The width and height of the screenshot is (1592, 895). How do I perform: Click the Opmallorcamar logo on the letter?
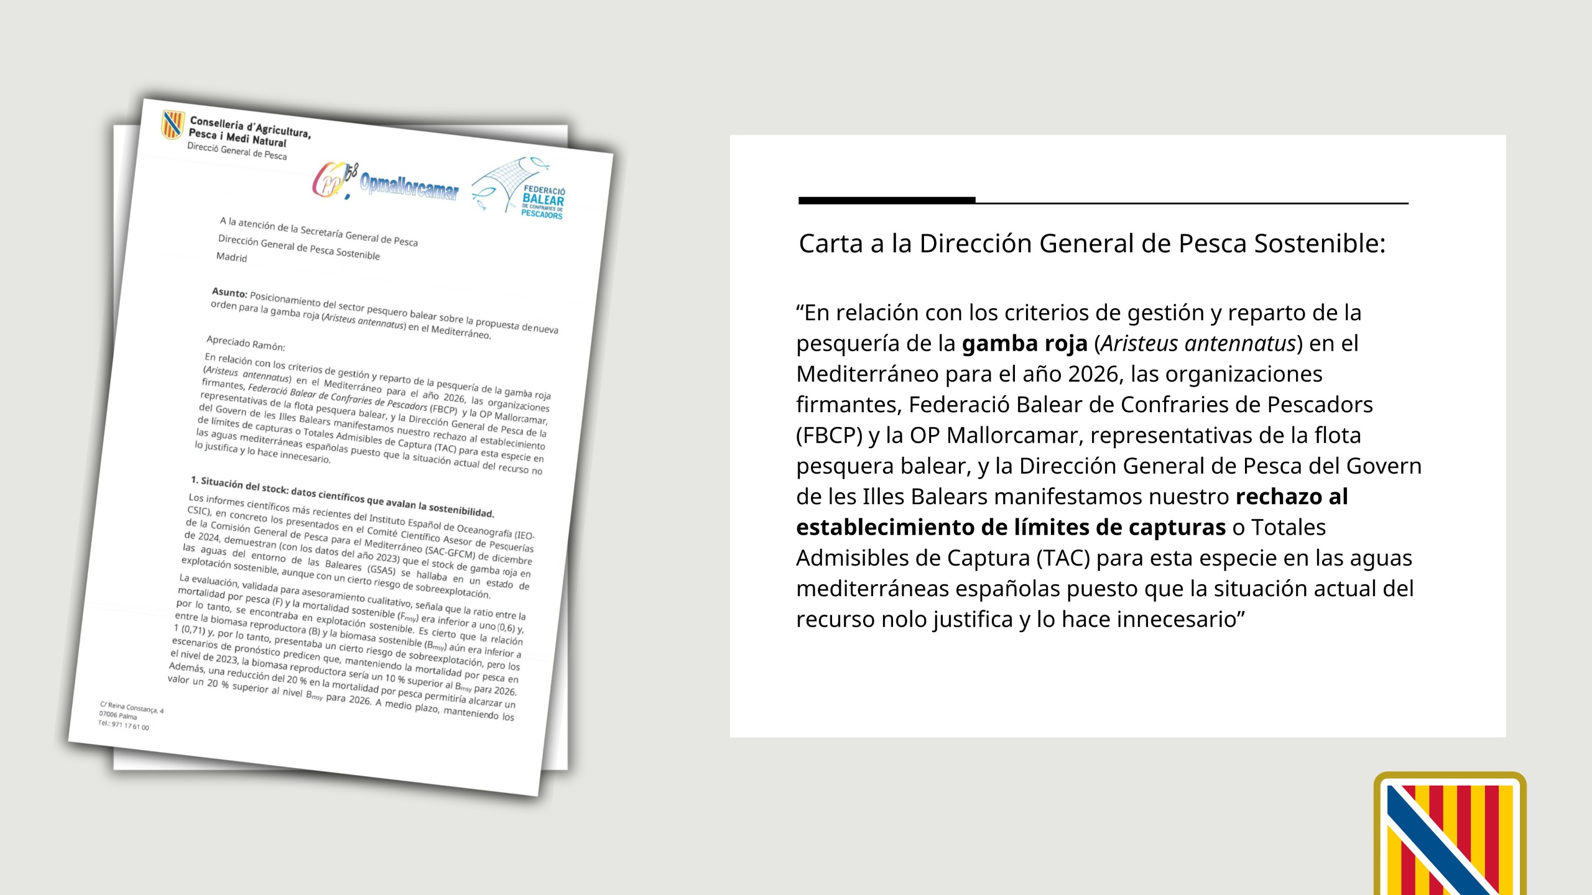point(409,185)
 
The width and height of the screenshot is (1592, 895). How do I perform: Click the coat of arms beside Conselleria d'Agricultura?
point(172,124)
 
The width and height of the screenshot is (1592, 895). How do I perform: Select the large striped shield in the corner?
point(1450,836)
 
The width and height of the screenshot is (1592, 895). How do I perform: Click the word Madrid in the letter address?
point(231,257)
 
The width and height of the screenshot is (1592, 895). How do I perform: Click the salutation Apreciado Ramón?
point(246,343)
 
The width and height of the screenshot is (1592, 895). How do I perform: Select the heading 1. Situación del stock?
point(342,497)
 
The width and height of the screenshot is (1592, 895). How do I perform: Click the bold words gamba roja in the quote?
point(1024,344)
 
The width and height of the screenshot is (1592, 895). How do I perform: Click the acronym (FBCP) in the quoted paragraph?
point(829,436)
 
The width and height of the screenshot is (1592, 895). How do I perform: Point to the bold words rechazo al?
point(1292,497)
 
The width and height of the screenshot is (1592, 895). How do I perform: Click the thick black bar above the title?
point(887,200)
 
